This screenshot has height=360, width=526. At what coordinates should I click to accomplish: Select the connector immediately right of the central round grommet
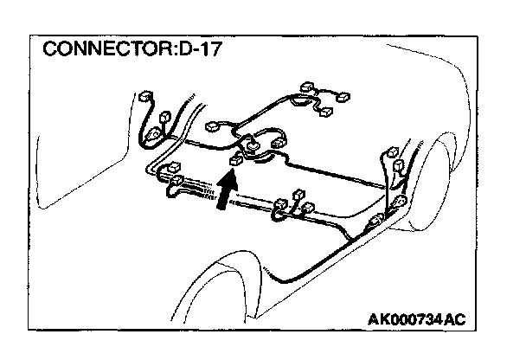[x=279, y=139]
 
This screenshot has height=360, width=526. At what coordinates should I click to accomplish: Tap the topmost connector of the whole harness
[x=306, y=87]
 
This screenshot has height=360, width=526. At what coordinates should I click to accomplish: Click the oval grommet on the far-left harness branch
[x=156, y=132]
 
